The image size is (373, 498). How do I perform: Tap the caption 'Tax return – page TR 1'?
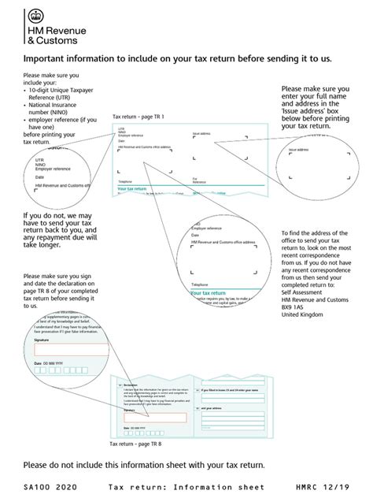[138, 116]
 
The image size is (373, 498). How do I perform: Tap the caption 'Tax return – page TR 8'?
[139, 444]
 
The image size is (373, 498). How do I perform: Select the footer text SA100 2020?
[50, 487]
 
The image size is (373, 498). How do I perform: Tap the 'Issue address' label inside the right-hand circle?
[299, 150]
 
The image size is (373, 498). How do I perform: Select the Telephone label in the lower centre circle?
[198, 284]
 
